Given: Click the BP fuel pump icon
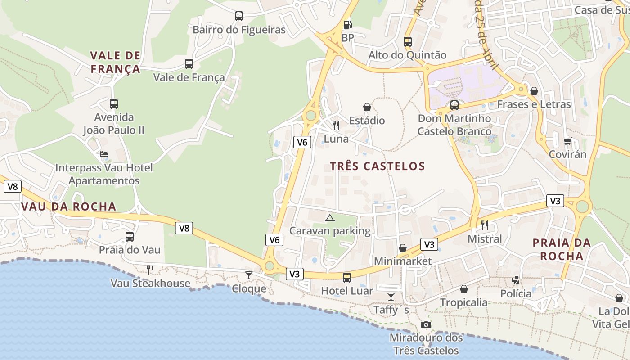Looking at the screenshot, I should pos(347,25).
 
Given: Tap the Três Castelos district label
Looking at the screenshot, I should pos(377,166).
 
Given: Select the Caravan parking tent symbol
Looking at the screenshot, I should pos(330,218).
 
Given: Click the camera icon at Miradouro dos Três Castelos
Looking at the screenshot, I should pos(426,324).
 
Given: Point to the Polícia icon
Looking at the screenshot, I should pos(516,280).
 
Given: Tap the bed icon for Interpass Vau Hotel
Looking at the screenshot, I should pos(104,155).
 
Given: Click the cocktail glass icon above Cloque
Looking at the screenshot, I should pos(249,275).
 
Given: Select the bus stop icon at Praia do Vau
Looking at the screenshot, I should pos(130,237).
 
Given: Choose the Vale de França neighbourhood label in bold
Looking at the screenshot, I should pos(115,62).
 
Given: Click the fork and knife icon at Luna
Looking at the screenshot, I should pos(336,126).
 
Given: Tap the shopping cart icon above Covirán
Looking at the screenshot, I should pos(567,141).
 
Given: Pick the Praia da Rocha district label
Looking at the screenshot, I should pos(562,249).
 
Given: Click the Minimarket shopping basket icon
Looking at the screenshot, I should pos(403,248).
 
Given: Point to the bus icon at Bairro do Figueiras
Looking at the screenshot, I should pos(239,17).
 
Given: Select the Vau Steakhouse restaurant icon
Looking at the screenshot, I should pos(150,270).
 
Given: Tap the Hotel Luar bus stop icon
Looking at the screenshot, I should pos(346,278).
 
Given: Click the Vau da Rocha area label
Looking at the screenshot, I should pos(68,207).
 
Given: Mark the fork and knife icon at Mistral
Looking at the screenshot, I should pos(485,225).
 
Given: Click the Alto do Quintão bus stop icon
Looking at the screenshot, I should pos(408,42).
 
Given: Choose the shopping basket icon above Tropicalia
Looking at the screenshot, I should pos(464,289).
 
